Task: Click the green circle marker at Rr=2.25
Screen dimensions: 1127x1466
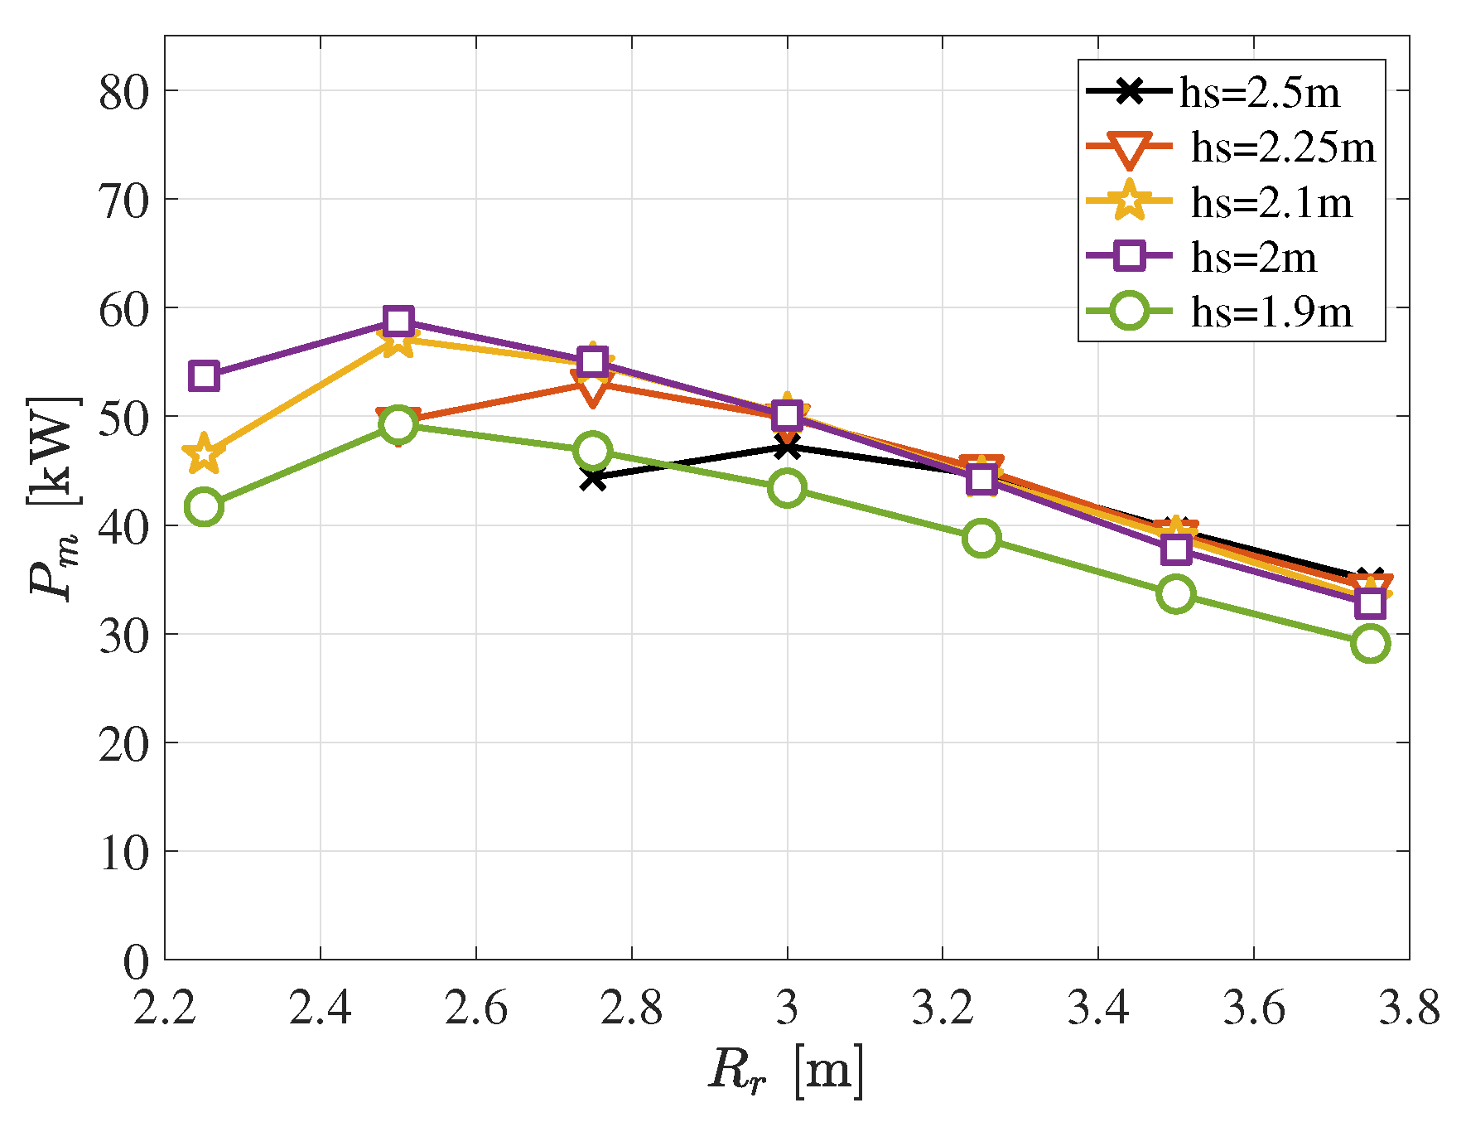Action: [x=204, y=506]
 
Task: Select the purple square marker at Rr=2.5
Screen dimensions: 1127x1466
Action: [x=398, y=322]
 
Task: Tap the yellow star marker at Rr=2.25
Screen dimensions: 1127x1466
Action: [x=204, y=454]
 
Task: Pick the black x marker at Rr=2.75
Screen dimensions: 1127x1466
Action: [x=592, y=478]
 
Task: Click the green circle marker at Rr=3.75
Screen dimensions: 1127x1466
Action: [x=1370, y=643]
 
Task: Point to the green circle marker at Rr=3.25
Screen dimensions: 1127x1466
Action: [x=981, y=538]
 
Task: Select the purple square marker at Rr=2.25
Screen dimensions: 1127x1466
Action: [x=204, y=376]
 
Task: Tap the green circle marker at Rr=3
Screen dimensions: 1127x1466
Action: [x=787, y=488]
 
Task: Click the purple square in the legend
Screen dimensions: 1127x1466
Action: [x=1130, y=256]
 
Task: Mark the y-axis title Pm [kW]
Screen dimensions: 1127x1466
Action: [x=55, y=497]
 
